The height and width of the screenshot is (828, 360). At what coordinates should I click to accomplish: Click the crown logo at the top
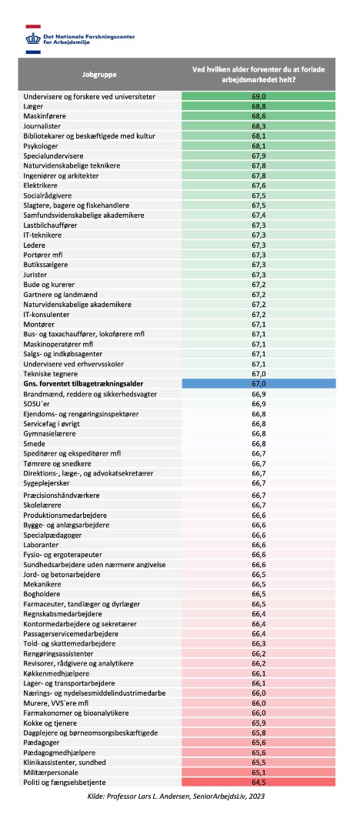[33, 38]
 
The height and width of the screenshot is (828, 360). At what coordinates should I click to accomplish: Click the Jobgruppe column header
[99, 75]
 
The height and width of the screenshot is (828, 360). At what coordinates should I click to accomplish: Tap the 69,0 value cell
[258, 96]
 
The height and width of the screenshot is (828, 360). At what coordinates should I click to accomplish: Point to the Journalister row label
[42, 126]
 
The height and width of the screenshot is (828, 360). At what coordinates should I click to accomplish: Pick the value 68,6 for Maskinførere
[258, 115]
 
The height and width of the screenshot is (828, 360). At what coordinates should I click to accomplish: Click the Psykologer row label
[41, 145]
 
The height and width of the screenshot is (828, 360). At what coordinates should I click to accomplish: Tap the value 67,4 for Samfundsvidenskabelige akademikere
[258, 215]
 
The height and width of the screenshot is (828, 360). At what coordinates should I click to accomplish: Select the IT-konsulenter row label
[47, 314]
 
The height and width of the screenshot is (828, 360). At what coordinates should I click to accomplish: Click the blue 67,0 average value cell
[258, 384]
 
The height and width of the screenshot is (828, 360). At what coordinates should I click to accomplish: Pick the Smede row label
[33, 443]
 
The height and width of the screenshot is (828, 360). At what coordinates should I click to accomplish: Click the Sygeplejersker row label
[47, 482]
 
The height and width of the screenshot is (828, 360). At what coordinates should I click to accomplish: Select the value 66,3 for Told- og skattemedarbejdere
[258, 643]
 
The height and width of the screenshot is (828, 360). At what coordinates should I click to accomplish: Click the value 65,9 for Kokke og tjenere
[258, 723]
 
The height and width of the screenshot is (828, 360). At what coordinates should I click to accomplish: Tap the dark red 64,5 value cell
[258, 782]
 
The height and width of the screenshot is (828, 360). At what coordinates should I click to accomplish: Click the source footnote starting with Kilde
[179, 795]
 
